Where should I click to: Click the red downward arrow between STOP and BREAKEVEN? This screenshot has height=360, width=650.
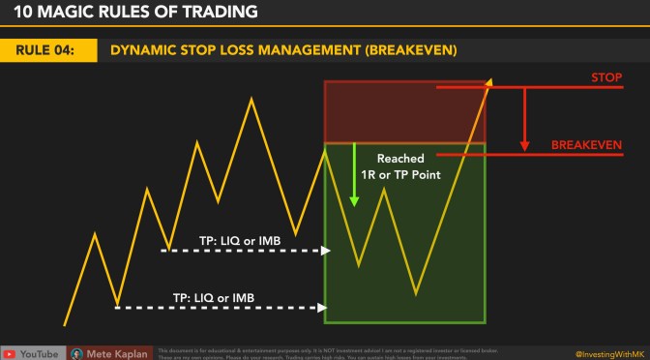tap(524, 120)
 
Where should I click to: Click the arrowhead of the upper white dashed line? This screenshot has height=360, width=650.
tap(326, 250)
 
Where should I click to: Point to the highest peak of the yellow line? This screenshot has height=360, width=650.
tap(253, 98)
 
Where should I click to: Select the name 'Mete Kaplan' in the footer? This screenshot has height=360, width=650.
tap(119, 352)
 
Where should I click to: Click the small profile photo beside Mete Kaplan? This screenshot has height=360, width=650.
tap(78, 352)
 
